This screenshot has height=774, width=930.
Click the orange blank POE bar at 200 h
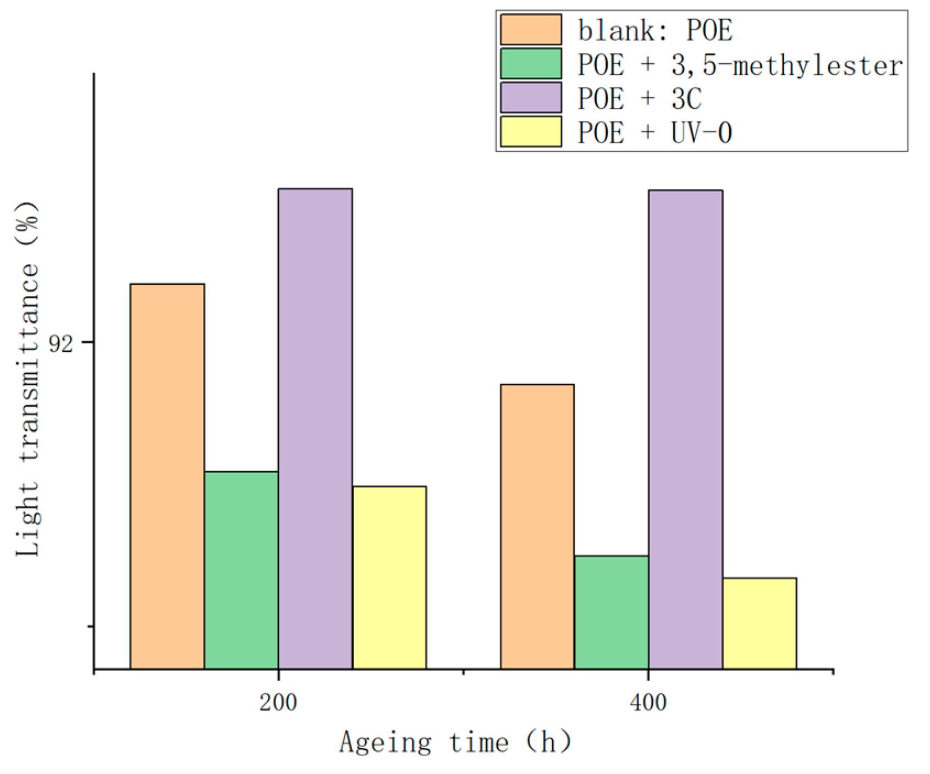coord(167,476)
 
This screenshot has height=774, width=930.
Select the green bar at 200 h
coord(241,570)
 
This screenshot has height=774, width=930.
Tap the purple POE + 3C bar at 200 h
coord(315,428)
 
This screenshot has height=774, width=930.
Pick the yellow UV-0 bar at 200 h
coord(389,577)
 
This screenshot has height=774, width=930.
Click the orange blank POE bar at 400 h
coord(537,526)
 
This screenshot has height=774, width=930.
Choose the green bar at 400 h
coord(612,612)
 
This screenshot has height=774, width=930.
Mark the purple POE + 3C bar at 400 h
coord(685,429)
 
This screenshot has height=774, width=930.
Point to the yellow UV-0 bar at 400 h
coord(760,623)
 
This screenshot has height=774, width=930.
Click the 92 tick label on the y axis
coord(60,344)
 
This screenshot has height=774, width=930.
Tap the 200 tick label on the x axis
coord(278,703)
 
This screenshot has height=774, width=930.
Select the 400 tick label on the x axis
coord(649,703)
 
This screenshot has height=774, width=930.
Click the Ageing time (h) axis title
coord(455,743)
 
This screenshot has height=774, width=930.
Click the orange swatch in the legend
coord(531,30)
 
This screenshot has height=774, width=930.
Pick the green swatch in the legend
coord(531,64)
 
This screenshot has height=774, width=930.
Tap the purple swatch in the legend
coord(531,98)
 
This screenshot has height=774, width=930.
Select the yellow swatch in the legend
coord(531,132)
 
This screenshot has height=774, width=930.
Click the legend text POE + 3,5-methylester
coord(740,65)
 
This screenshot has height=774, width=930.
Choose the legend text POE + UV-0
coord(654,133)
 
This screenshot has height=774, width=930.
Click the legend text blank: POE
coord(654,30)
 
